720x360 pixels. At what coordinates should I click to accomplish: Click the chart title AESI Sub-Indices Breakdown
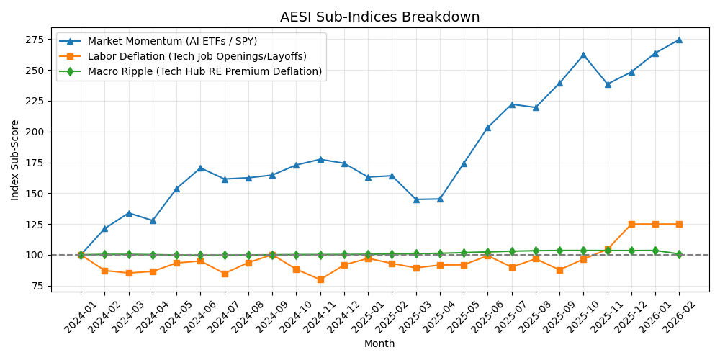click(x=379, y=17)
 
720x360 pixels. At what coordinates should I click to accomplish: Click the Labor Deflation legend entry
click(x=197, y=56)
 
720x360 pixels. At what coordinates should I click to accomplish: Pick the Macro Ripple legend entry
click(x=204, y=71)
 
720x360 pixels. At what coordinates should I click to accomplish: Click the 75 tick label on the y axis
click(x=37, y=286)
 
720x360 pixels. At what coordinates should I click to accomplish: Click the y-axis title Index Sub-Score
click(x=15, y=160)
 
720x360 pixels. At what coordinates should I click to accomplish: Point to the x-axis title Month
click(x=379, y=344)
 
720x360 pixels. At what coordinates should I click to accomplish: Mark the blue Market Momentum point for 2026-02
click(x=679, y=40)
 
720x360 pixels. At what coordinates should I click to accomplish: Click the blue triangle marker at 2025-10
click(x=583, y=55)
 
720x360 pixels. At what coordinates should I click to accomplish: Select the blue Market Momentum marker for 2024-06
click(x=200, y=168)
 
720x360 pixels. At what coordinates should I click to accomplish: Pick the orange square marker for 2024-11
click(x=320, y=279)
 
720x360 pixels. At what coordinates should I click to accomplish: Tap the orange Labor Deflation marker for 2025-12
click(x=631, y=224)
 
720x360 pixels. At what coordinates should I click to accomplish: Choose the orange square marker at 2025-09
click(x=559, y=270)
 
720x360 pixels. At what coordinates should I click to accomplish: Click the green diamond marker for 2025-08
click(x=536, y=251)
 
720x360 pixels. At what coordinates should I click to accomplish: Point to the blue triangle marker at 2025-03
click(x=416, y=199)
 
